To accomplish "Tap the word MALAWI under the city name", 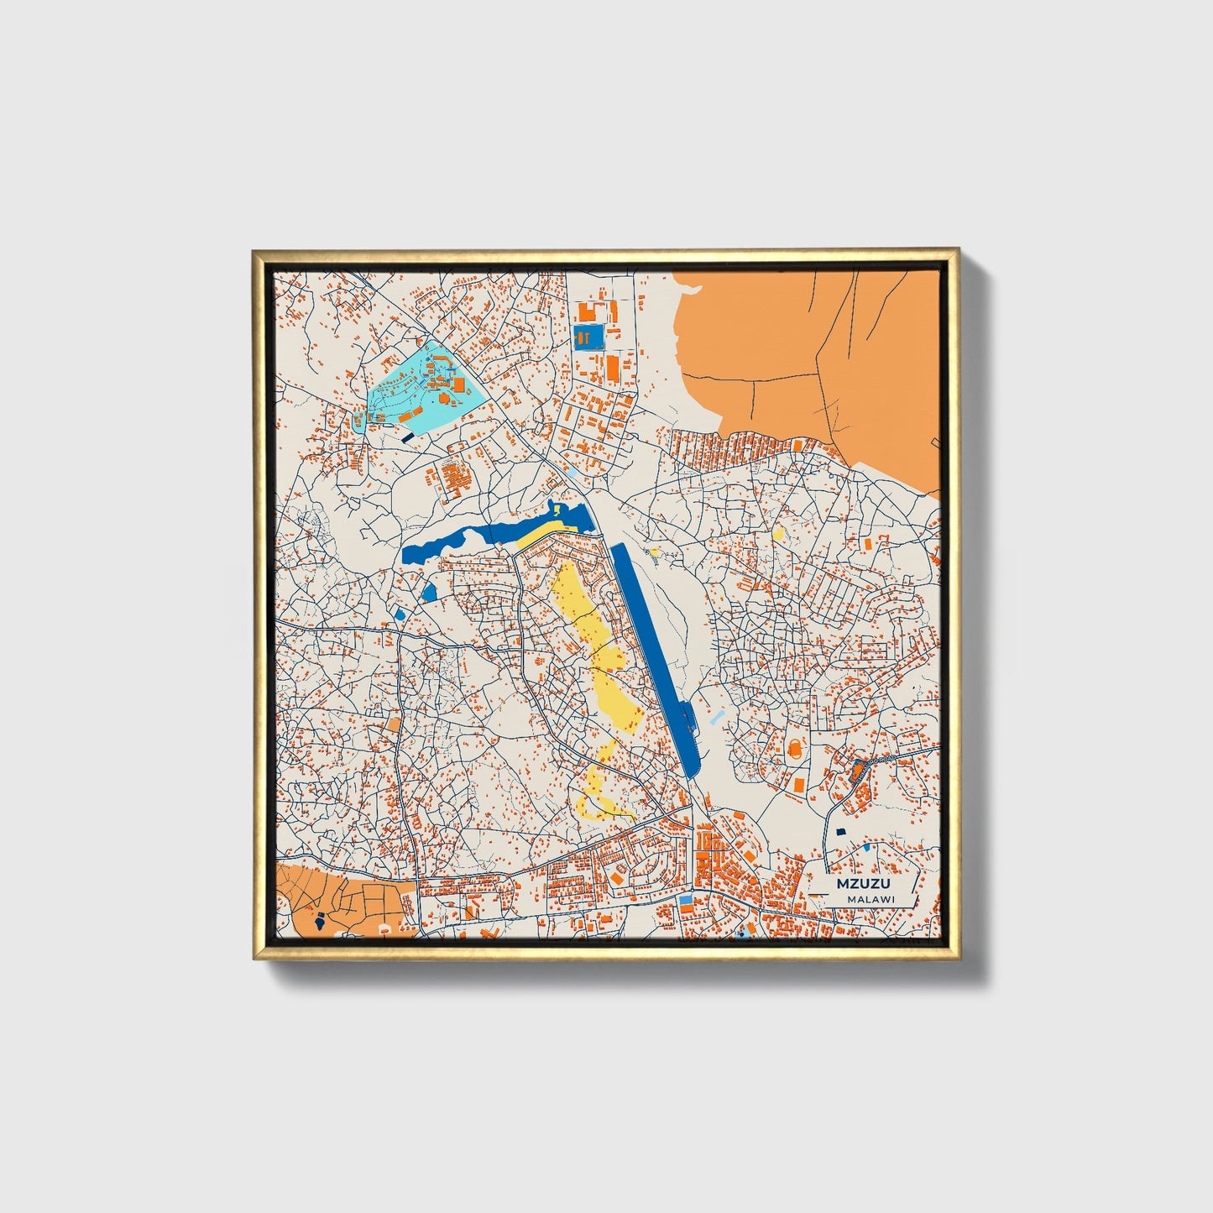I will (x=871, y=899).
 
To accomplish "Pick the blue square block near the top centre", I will (x=588, y=337).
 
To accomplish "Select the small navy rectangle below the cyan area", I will (x=408, y=437).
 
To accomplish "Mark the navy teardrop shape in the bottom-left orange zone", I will (x=320, y=922).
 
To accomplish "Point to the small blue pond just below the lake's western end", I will (x=429, y=593).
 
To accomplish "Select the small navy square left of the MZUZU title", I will (x=839, y=832).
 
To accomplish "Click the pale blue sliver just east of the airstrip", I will (x=715, y=719).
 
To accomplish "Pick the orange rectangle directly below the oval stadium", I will (x=797, y=784).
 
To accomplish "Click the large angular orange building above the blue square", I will (x=588, y=312).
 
